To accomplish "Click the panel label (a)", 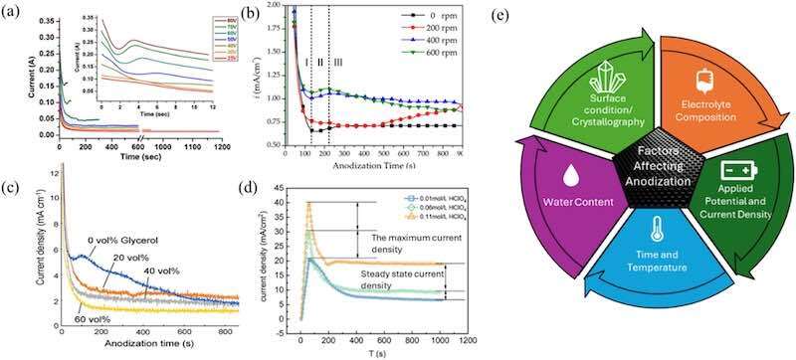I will point(14,13).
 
